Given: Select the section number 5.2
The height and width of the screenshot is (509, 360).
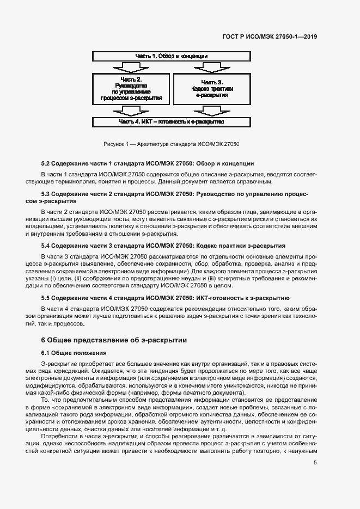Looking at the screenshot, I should [47, 164].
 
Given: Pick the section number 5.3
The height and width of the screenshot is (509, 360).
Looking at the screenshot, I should [47, 194].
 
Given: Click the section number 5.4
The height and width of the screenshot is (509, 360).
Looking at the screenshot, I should [47, 246].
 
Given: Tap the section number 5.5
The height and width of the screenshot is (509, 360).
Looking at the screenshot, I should [47, 298].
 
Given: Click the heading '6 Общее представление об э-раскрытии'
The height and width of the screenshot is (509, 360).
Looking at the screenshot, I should [114, 340].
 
